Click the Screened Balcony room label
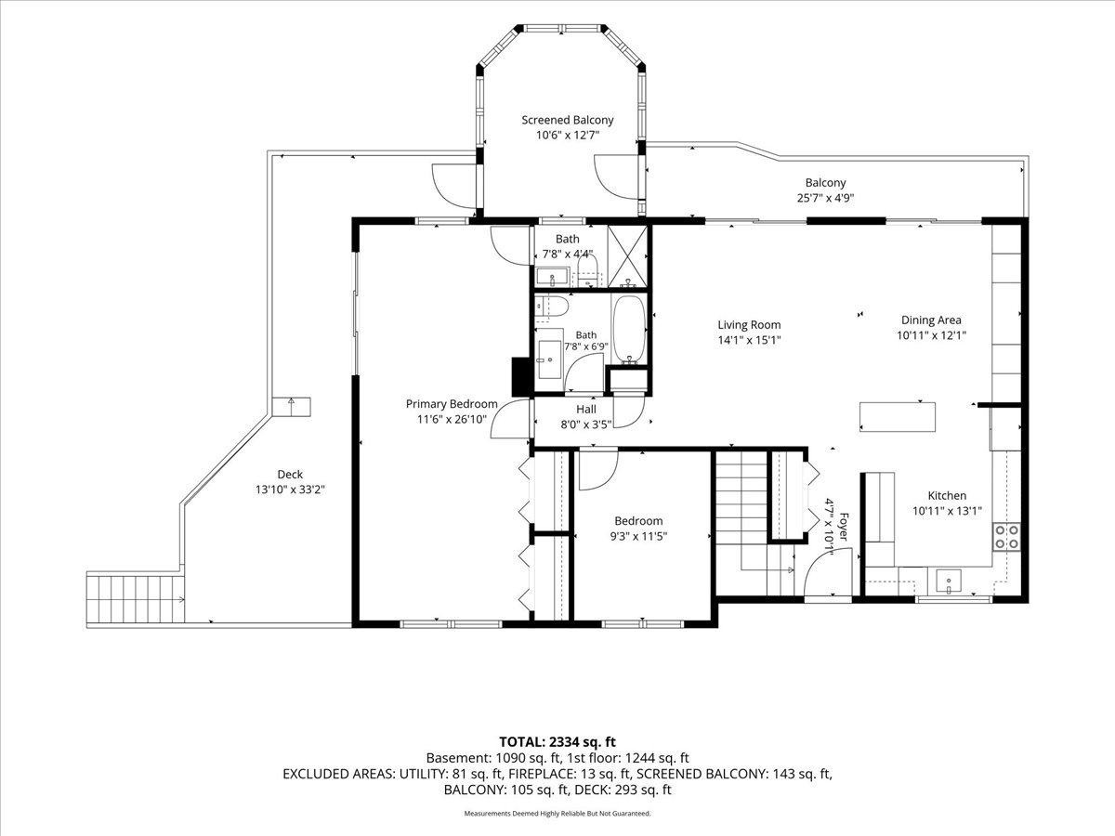coord(568,121)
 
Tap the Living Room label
coord(749,325)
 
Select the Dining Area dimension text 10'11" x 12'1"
coord(931,335)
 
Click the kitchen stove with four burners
coord(1006,537)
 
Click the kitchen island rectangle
coord(897,417)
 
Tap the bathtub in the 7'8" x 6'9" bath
coord(629,329)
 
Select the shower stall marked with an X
coord(627,256)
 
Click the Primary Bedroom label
coord(452,404)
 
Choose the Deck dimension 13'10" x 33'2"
coord(290,490)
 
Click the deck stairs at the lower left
coord(135,599)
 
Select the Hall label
coord(586,409)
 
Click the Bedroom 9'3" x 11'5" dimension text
coord(638,536)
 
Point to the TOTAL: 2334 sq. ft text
coord(557,742)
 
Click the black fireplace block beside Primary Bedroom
coord(521,376)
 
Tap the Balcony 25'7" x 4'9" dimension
coord(825,198)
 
